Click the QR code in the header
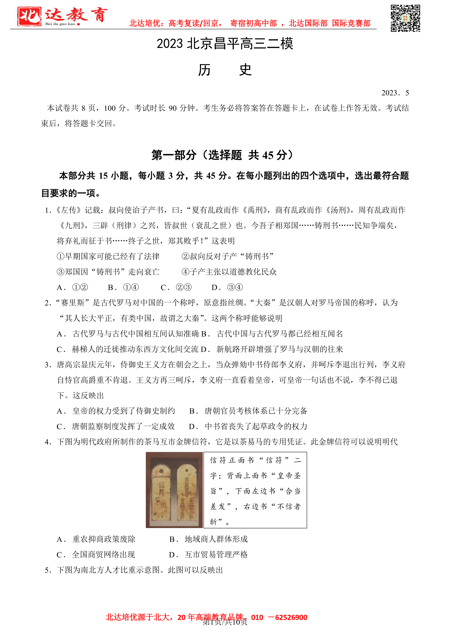(x=405, y=18)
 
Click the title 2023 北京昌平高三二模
(x=225, y=44)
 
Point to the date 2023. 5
(x=395, y=93)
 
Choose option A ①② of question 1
(x=72, y=287)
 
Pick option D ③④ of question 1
(x=227, y=287)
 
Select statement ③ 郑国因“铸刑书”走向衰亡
(x=108, y=272)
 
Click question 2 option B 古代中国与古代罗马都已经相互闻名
(x=272, y=334)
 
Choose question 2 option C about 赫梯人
(x=128, y=349)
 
